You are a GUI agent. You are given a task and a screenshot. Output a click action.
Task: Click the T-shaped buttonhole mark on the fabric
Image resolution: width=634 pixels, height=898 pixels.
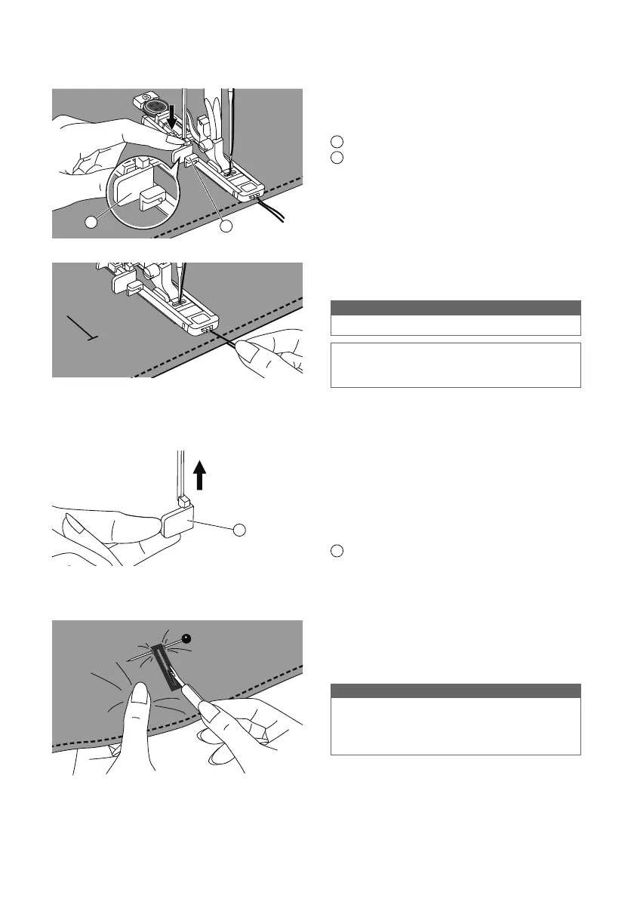82,329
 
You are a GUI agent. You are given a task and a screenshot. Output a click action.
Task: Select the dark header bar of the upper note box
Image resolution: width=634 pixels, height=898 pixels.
456,307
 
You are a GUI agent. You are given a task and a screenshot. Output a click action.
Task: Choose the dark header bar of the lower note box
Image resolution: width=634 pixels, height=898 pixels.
456,690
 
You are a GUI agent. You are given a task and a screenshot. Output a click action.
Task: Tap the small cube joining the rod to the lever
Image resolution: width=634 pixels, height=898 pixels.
183,500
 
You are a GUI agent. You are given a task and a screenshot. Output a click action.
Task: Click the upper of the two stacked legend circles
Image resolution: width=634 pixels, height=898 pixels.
337,140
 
